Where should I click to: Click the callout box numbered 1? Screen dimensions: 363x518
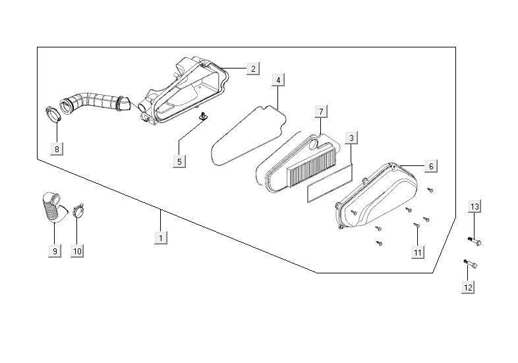point(159,237)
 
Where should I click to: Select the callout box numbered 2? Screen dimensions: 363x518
point(252,68)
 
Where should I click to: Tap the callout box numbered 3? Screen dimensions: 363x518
point(352,138)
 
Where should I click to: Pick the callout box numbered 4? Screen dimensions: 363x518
point(278,80)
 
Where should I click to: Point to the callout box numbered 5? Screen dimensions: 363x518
point(180,161)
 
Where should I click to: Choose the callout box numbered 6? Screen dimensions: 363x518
point(431,167)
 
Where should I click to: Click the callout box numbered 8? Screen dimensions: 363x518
point(57,149)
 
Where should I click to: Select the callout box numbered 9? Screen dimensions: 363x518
point(55,250)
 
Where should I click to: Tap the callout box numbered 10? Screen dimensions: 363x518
point(77,250)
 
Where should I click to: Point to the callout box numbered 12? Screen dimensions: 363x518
point(468,287)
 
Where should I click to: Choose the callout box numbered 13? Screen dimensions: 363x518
point(475,208)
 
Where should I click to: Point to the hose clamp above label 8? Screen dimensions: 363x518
point(54,114)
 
